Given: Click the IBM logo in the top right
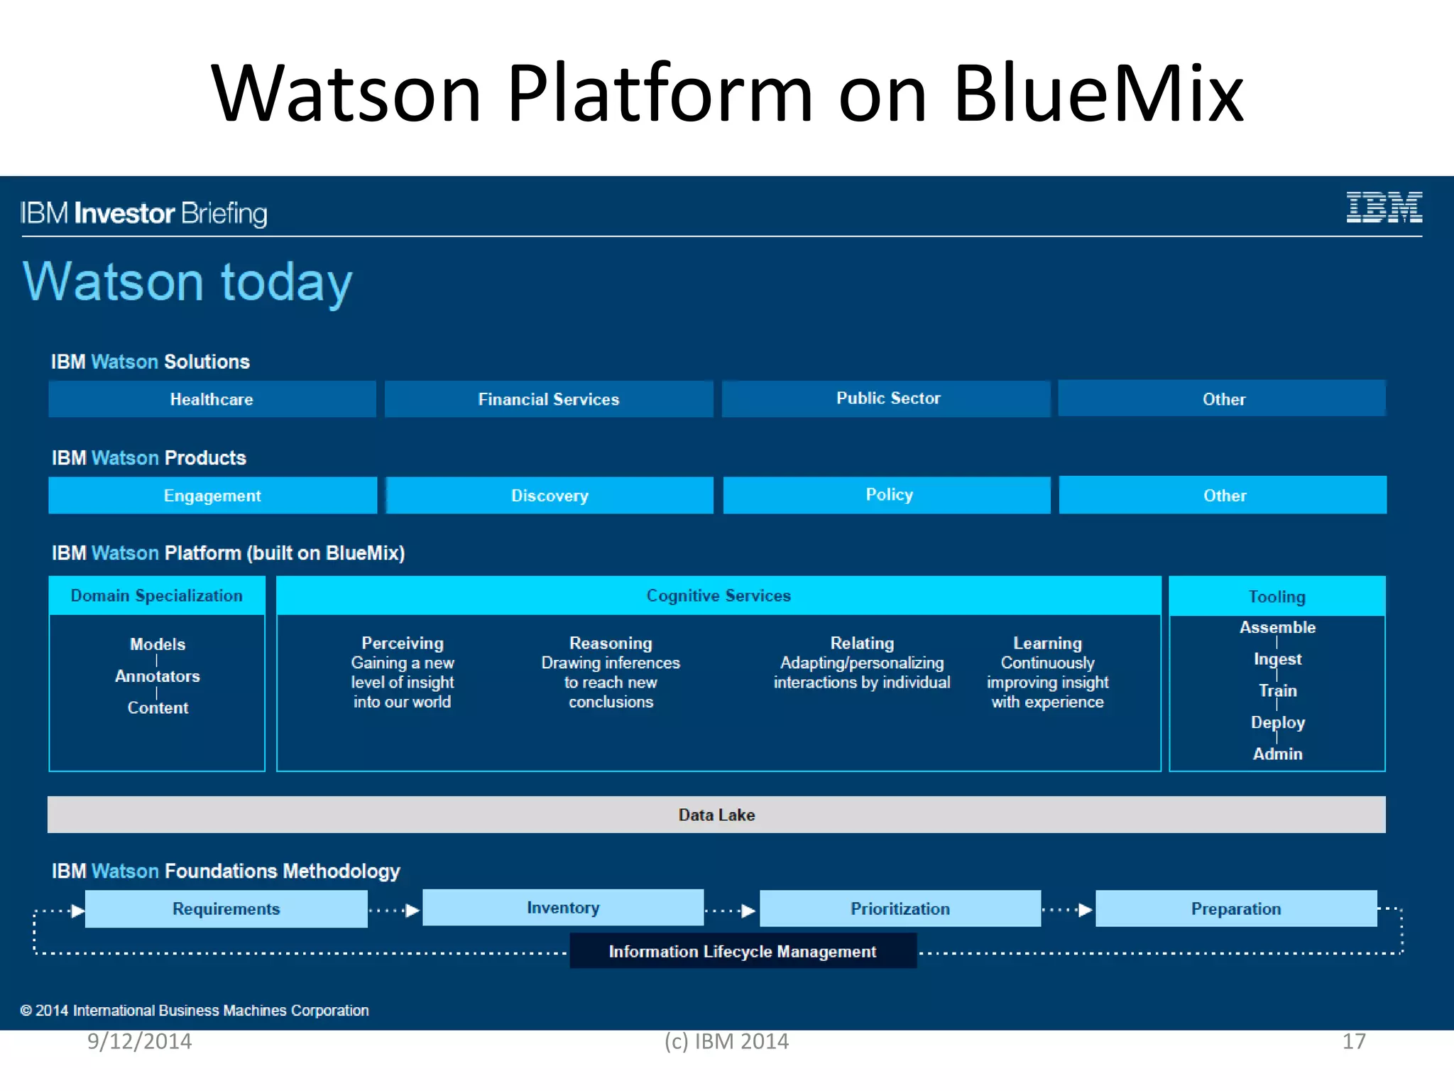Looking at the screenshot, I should coord(1384,207).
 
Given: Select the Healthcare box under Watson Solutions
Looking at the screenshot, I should coord(212,399).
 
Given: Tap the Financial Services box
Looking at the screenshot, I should coord(548,399).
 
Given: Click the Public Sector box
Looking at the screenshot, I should coord(887,398).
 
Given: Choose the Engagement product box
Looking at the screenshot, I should coord(212,495).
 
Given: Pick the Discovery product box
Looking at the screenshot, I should coord(550,495).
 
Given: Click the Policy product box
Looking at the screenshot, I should coord(888,494).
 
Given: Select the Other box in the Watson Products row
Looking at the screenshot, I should coord(1224,495).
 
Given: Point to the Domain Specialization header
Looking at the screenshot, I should coord(156,595).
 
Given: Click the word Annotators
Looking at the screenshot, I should coord(158,676).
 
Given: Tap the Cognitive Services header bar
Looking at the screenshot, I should coord(718,595).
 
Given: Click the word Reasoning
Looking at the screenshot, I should coord(611,643).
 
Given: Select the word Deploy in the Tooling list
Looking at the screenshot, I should coord(1277,722).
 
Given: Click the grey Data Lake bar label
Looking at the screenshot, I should coord(716,815).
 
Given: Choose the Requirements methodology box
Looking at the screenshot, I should coord(226,908).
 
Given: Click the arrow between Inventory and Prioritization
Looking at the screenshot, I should coord(731,911).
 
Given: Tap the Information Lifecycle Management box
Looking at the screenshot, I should coord(743,951).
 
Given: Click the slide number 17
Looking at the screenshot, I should coord(1353,1041).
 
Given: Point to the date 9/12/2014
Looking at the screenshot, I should coord(139,1041).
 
